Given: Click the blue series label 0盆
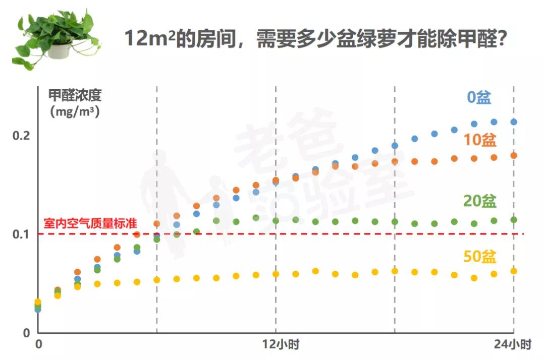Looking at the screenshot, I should point(478,97).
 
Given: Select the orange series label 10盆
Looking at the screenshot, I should point(479,140).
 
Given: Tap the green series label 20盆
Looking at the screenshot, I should point(479,201).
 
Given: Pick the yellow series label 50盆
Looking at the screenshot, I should point(479,257).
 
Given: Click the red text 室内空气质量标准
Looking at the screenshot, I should point(90,223).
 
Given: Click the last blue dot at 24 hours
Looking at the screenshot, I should point(514,122).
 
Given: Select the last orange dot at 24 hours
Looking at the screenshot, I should point(514,155).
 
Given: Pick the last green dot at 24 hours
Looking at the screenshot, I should point(514,219).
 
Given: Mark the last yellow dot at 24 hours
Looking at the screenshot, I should point(514,271).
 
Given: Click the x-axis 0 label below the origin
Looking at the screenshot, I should point(38,345).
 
